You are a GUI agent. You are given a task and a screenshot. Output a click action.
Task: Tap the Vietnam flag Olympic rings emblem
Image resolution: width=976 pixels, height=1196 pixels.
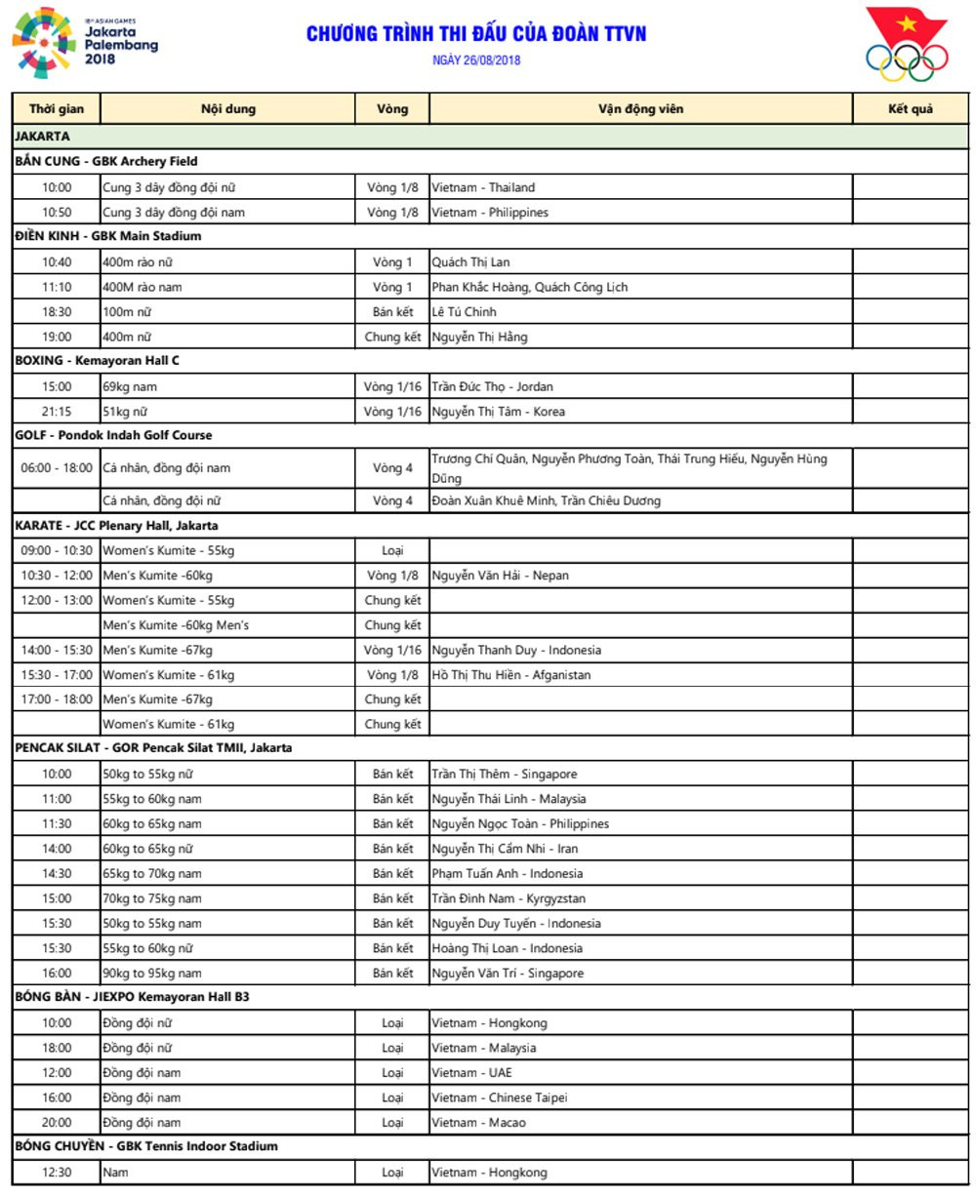(x=906, y=45)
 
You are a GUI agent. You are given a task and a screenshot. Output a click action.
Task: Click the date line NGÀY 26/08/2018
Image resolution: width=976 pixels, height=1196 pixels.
(x=476, y=60)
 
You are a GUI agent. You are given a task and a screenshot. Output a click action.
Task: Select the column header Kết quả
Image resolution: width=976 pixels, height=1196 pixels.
(x=910, y=109)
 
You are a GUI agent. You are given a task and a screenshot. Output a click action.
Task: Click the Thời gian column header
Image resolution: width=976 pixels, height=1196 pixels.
(x=57, y=109)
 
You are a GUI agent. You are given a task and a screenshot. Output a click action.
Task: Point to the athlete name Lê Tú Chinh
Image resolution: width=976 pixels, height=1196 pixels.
(x=465, y=312)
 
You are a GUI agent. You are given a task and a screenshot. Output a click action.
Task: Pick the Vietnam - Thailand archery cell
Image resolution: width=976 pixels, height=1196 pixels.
(x=484, y=187)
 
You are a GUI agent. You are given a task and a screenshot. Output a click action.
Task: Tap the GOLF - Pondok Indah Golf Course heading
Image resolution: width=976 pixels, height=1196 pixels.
(x=113, y=435)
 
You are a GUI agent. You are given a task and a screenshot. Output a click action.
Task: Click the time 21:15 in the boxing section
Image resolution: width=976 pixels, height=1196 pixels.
(x=57, y=412)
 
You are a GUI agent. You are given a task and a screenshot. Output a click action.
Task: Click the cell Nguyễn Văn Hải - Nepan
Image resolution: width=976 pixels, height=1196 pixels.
(x=501, y=576)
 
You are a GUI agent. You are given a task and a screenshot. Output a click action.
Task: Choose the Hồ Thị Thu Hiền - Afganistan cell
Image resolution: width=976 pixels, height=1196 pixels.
(x=511, y=675)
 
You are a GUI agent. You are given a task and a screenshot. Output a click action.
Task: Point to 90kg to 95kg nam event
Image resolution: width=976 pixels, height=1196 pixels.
(x=152, y=974)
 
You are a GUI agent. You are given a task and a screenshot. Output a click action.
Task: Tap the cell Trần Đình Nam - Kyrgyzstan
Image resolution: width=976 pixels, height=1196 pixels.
(x=508, y=898)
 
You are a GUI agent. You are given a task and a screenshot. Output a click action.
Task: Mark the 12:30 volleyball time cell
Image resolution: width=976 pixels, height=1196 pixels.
(x=57, y=1173)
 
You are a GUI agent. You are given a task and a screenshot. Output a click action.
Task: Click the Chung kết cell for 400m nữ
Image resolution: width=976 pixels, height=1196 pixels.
(x=392, y=338)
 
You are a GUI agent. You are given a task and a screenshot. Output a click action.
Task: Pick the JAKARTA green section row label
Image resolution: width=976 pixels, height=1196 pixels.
(x=43, y=137)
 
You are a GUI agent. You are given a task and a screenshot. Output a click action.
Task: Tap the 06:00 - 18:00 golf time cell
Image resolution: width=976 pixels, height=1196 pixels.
(x=57, y=468)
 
